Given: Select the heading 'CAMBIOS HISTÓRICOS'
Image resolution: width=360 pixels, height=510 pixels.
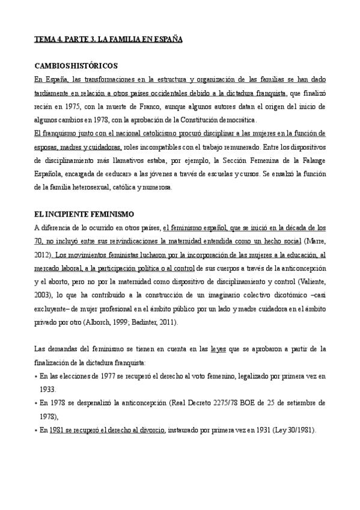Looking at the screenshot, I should [x=76, y=66].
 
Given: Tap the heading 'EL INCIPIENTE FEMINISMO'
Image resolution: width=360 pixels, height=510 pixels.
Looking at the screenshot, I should [x=84, y=214].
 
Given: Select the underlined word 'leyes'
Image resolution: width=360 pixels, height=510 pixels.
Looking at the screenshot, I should [x=219, y=349].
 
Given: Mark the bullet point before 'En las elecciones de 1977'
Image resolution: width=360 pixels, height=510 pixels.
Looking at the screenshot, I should [x=35, y=376].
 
